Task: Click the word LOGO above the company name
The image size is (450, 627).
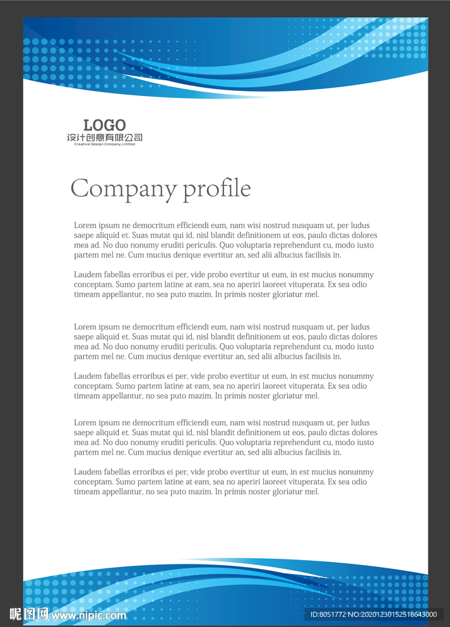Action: pyautogui.click(x=105, y=126)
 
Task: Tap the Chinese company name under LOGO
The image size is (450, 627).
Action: pyautogui.click(x=105, y=137)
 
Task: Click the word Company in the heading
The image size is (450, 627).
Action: pyautogui.click(x=123, y=189)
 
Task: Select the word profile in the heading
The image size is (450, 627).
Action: pyautogui.click(x=216, y=189)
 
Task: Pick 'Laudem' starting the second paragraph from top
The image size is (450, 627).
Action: pyautogui.click(x=88, y=275)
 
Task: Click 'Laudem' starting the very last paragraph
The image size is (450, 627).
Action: pyautogui.click(x=88, y=472)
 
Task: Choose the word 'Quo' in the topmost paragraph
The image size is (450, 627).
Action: pyautogui.click(x=226, y=245)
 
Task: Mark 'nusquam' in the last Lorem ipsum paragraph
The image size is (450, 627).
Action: pyautogui.click(x=307, y=422)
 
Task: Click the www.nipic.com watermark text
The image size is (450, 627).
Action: pyautogui.click(x=89, y=615)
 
